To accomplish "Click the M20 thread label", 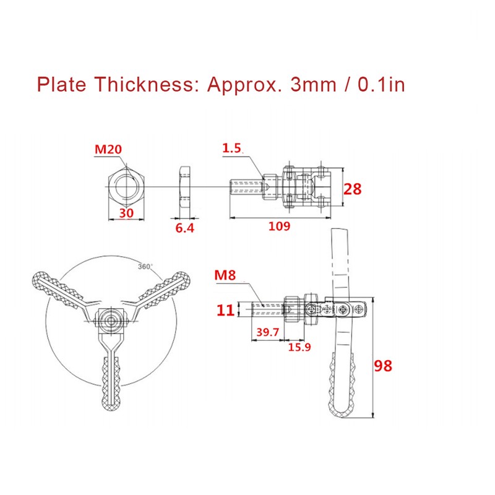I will [108, 150].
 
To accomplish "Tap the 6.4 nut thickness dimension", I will [185, 228].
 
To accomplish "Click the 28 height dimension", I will [352, 189].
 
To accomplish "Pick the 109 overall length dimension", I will [280, 226].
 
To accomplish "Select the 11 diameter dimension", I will [226, 309].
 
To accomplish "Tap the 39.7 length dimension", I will [267, 333].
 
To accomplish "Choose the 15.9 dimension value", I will [299, 348].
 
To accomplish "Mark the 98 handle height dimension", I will [384, 366].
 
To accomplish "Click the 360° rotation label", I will [144, 266].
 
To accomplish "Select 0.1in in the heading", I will [382, 84].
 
